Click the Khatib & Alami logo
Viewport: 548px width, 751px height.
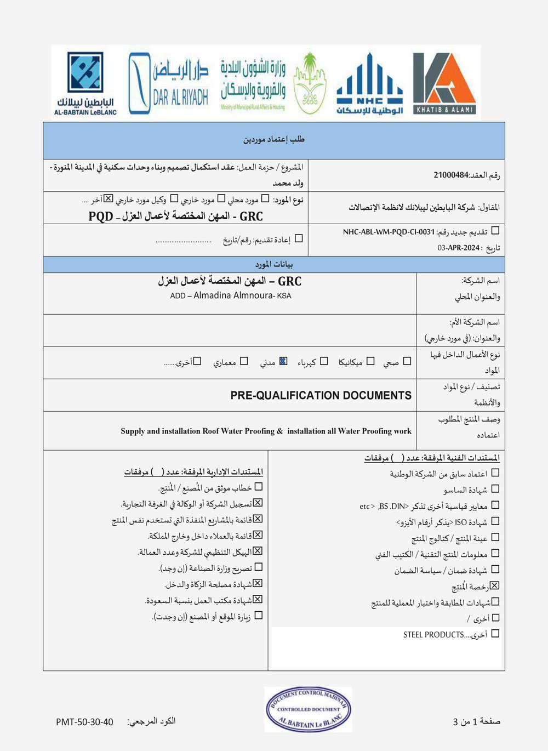pyautogui.click(x=444, y=83)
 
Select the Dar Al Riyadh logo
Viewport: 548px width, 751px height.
pyautogui.click(x=168, y=83)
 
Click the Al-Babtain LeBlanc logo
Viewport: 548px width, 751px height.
pyautogui.click(x=85, y=83)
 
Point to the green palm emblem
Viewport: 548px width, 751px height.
pyautogui.click(x=310, y=83)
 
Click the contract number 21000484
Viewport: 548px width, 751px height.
pyautogui.click(x=451, y=175)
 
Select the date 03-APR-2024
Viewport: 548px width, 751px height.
pyautogui.click(x=459, y=248)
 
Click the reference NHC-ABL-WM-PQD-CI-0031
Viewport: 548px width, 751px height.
pyautogui.click(x=389, y=232)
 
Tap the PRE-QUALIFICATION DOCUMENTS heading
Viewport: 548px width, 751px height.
pyautogui.click(x=321, y=395)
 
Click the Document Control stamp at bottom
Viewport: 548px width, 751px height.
pyautogui.click(x=308, y=709)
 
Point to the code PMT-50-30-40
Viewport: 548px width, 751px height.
pyautogui.click(x=84, y=722)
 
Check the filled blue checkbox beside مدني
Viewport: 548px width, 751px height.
pyautogui.click(x=283, y=361)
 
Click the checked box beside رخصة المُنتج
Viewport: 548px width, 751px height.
pyautogui.click(x=495, y=586)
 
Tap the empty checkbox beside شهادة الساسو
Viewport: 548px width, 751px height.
pyautogui.click(x=495, y=488)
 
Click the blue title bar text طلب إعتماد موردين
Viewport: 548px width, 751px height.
pyautogui.click(x=274, y=140)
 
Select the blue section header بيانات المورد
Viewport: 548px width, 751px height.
pyautogui.click(x=274, y=264)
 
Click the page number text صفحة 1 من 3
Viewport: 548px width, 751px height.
pyautogui.click(x=476, y=721)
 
